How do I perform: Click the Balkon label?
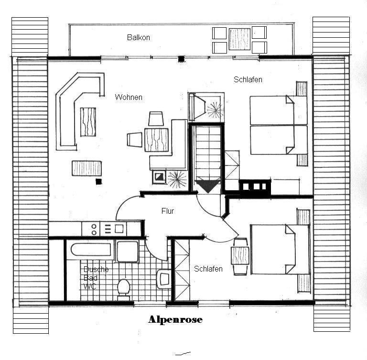[138, 37]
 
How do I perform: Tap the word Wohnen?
[129, 97]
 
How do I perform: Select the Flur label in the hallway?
[168, 211]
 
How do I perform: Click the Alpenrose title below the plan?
[175, 319]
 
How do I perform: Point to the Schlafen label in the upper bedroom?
[248, 80]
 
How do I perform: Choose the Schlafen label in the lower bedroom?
[208, 269]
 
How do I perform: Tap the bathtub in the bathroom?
[91, 250]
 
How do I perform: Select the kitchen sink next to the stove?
[115, 229]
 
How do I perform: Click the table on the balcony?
[239, 39]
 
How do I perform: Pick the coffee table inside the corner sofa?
[88, 122]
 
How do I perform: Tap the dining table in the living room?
[156, 140]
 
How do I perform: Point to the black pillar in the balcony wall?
[181, 59]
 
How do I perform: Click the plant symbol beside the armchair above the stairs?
[215, 109]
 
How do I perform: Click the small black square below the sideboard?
[99, 182]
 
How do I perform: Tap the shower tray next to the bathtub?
[128, 251]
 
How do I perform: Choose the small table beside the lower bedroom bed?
[240, 256]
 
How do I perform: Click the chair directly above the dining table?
[156, 119]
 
